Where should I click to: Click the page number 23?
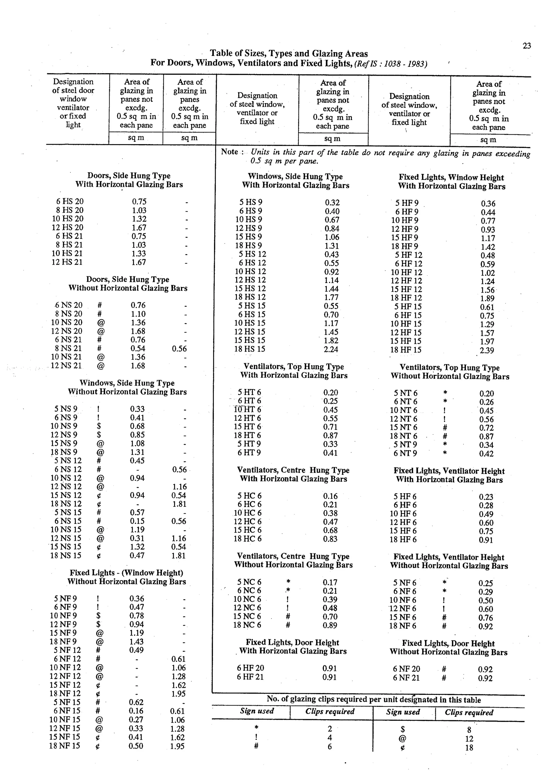(527, 46)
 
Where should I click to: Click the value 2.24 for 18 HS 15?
(331, 349)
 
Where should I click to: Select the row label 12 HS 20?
(67, 227)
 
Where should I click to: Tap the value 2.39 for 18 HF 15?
(487, 350)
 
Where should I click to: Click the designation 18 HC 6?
(247, 539)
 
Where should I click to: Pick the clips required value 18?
(469, 747)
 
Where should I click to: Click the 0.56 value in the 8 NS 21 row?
(179, 349)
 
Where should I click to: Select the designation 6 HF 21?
(250, 677)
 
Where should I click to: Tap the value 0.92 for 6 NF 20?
(485, 669)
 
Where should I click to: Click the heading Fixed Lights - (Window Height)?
(126, 573)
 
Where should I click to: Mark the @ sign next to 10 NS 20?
(101, 322)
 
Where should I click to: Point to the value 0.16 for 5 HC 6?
(330, 496)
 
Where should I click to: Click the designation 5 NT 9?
(405, 445)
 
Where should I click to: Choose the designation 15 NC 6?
(247, 616)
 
